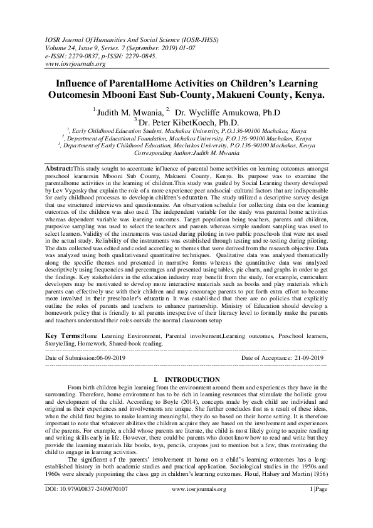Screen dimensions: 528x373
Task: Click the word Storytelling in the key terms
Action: (x=63, y=344)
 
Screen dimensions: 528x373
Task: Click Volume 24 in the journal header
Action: (x=63, y=47)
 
